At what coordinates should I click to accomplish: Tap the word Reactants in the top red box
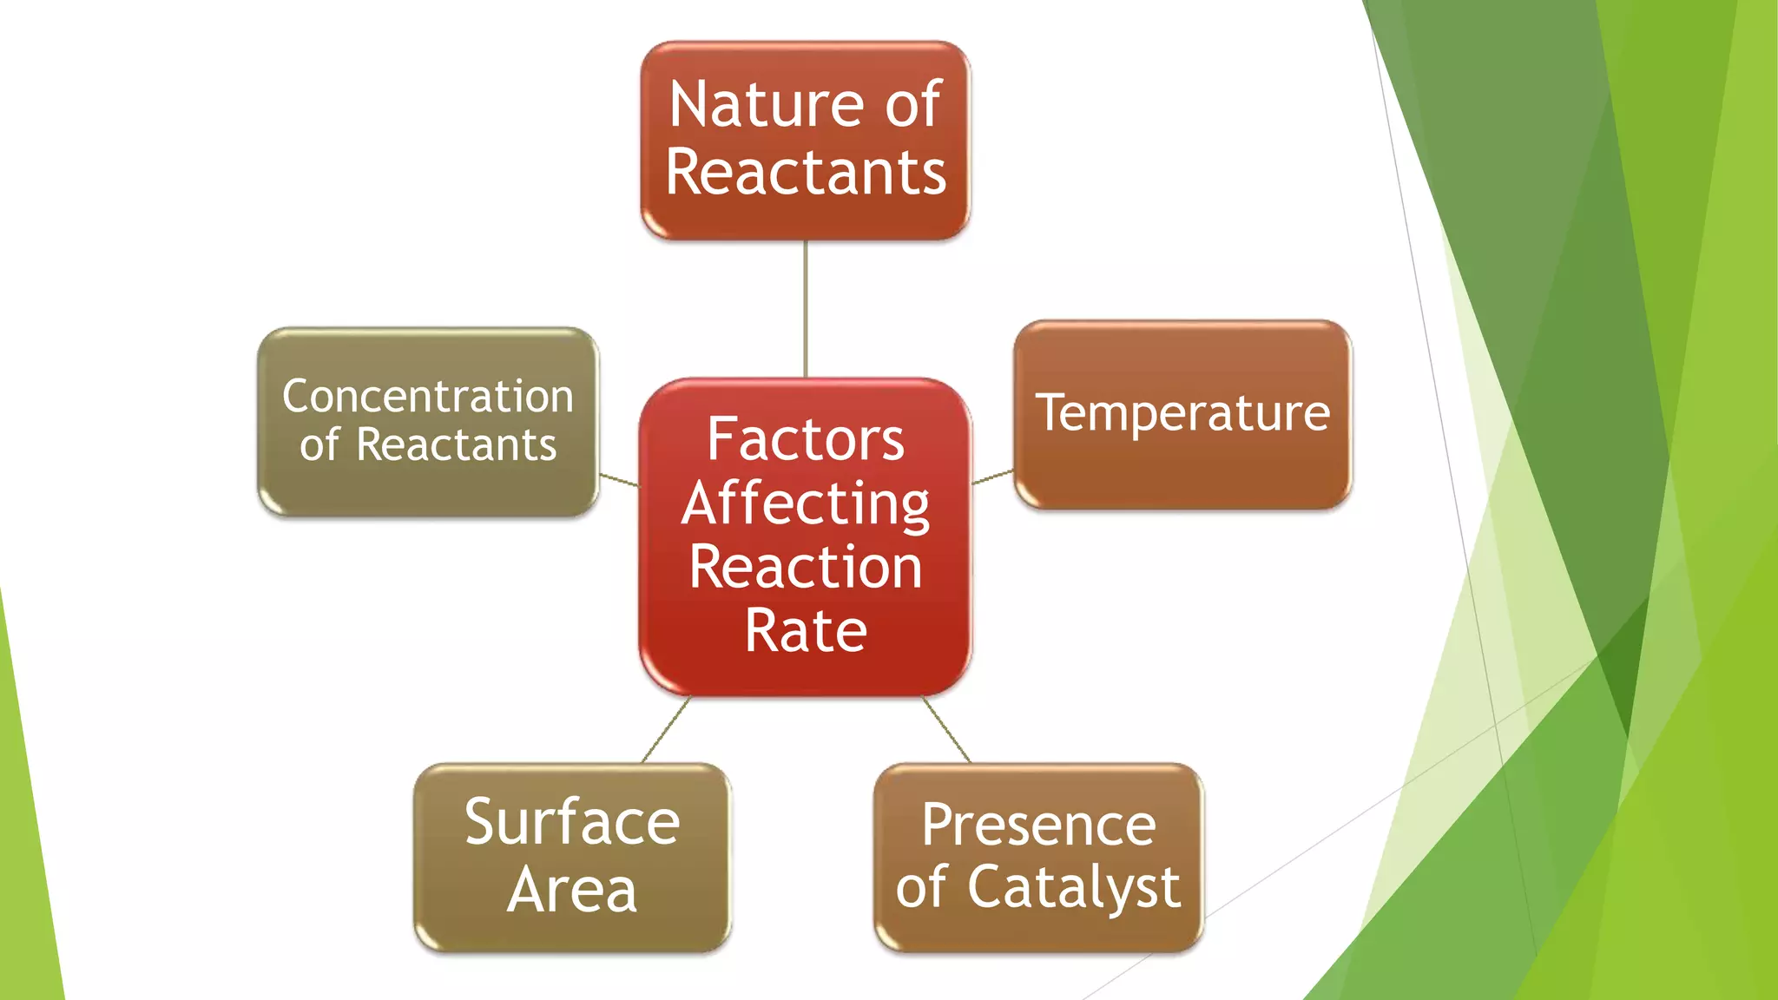tap(806, 173)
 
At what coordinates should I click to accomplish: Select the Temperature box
tap(1182, 413)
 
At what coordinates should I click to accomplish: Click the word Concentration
tap(428, 397)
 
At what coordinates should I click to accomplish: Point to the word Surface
tap(571, 822)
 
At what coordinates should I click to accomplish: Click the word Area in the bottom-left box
tap(571, 891)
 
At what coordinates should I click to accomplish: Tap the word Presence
tap(1038, 825)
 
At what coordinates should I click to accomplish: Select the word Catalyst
tap(1074, 888)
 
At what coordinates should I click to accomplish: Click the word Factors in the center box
tap(806, 439)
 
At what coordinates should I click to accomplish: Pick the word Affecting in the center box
tap(806, 504)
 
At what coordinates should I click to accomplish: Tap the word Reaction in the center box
tap(806, 568)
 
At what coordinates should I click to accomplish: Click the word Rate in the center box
tap(806, 631)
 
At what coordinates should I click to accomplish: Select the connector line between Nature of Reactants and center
tap(806, 308)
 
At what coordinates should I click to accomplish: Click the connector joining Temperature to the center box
tap(992, 477)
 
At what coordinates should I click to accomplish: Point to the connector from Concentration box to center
tap(619, 480)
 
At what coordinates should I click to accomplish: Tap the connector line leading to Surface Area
tap(666, 730)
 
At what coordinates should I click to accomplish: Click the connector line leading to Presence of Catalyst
tap(946, 730)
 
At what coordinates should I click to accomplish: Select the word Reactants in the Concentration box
tap(456, 445)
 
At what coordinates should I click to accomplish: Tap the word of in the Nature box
tap(912, 105)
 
